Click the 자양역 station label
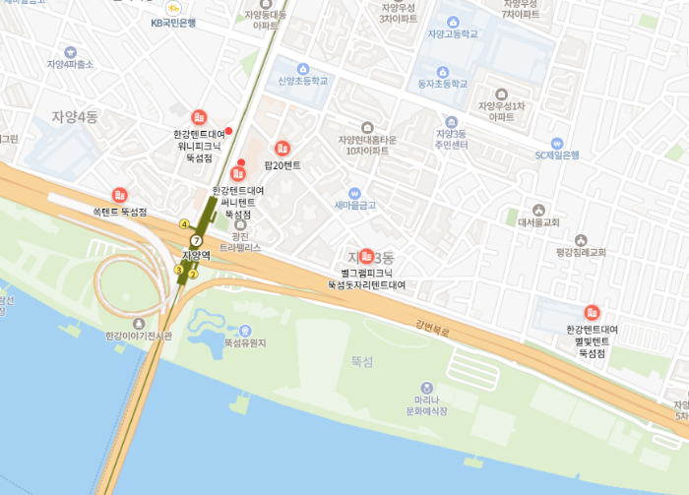(x=197, y=255)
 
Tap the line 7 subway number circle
(x=196, y=240)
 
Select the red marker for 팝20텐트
(x=282, y=149)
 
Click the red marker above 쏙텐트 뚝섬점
(x=120, y=195)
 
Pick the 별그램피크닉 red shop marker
(x=367, y=256)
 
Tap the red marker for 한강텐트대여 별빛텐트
(x=592, y=312)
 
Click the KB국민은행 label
(x=173, y=22)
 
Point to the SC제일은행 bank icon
(x=557, y=143)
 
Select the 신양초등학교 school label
(x=302, y=81)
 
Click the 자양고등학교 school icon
(x=453, y=21)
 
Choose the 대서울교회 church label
(x=538, y=222)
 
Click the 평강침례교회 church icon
(x=581, y=239)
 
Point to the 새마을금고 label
(x=355, y=205)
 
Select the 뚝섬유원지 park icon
(x=245, y=331)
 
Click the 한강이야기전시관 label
(x=139, y=336)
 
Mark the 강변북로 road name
(x=432, y=326)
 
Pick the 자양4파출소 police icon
(x=70, y=52)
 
